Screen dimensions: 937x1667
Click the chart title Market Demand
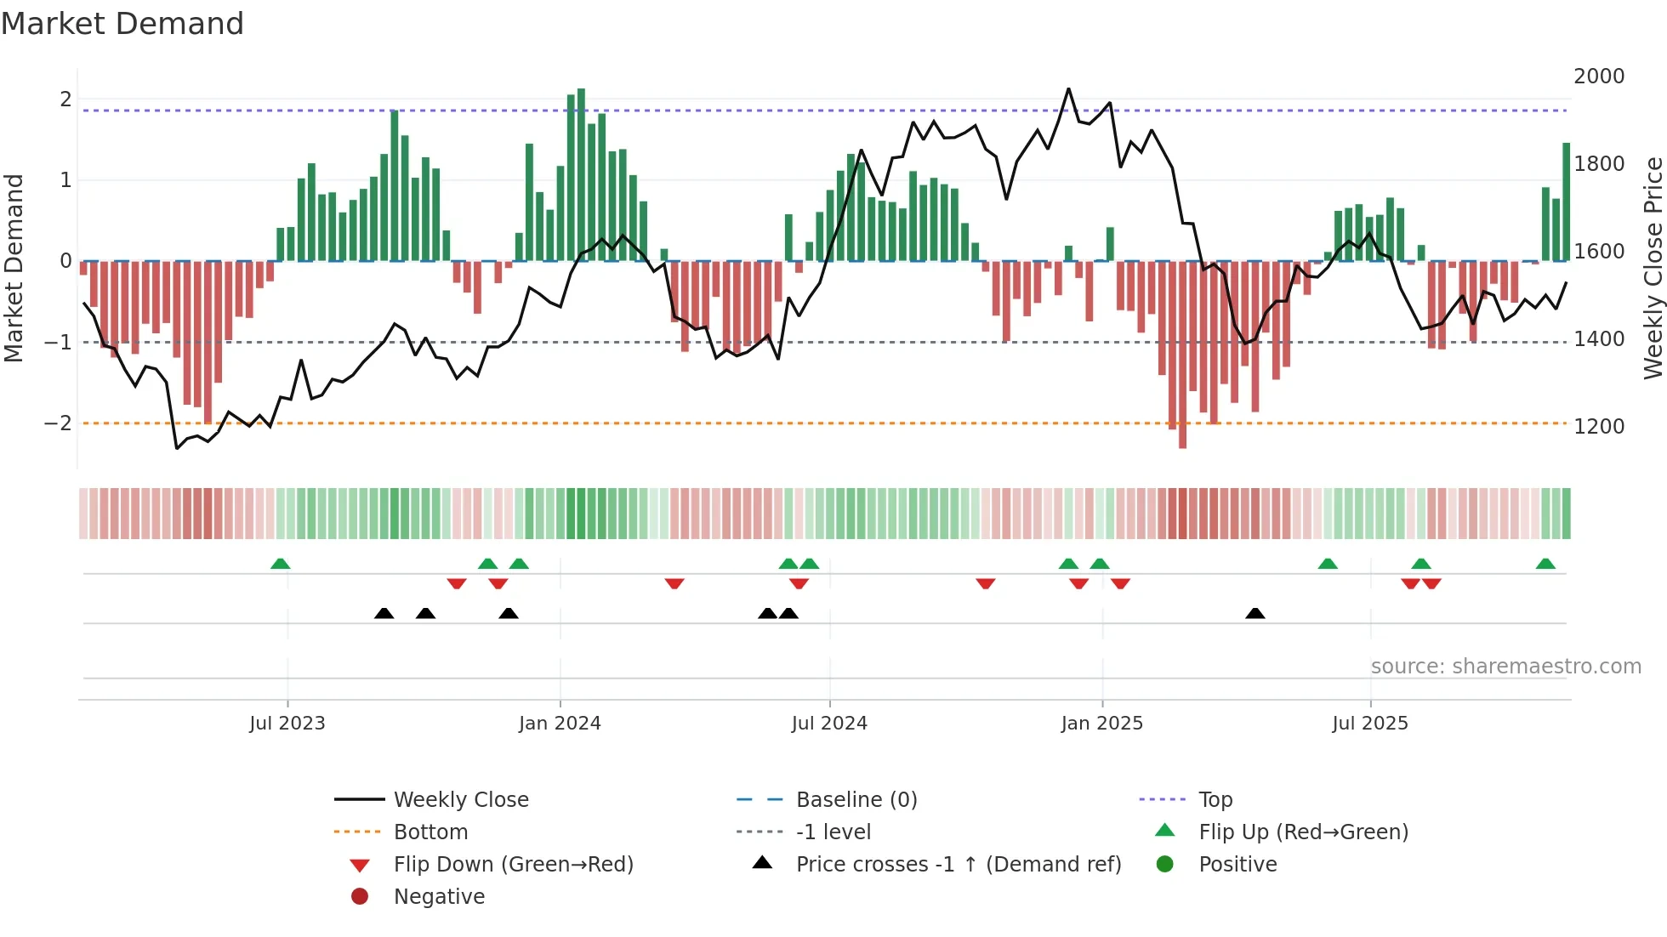coord(122,24)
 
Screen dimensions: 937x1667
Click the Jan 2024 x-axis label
coord(560,724)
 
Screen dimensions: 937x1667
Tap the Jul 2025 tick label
coord(1369,724)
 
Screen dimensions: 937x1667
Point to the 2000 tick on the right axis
coord(1598,77)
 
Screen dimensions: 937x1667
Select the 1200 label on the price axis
coord(1598,427)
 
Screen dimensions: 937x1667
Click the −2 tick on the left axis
coord(58,423)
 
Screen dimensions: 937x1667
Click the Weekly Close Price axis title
coord(1653,268)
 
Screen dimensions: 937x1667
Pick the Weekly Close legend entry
coord(460,800)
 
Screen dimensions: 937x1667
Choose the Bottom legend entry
coord(430,832)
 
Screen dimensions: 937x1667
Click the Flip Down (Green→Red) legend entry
coord(513,865)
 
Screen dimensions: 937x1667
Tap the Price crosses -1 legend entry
coord(958,865)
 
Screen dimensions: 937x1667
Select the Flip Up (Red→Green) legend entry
coord(1303,832)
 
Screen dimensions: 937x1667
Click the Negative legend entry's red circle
coord(360,897)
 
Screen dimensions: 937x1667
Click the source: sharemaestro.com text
coord(1505,667)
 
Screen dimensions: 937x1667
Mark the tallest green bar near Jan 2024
coord(581,174)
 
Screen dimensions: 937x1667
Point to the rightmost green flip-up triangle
coord(1545,564)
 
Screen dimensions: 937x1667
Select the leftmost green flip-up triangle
coord(280,564)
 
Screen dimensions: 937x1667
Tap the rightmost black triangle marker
coord(1255,614)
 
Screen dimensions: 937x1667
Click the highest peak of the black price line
coord(1068,89)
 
